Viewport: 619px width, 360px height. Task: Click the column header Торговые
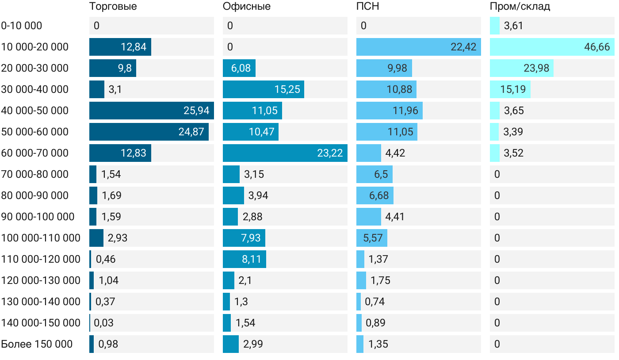(113, 7)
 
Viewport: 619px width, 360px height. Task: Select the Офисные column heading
(247, 7)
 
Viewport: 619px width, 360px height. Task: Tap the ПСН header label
(368, 7)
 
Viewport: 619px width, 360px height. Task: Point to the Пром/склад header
(520, 7)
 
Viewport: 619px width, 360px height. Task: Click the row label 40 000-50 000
(35, 111)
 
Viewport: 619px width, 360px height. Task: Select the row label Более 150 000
(37, 344)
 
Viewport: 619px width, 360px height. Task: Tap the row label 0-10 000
(22, 26)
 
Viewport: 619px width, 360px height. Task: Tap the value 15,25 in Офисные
(287, 89)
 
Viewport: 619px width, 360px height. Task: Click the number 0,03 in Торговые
(103, 323)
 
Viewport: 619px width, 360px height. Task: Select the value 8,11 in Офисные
(251, 259)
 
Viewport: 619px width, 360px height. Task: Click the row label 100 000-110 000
(41, 238)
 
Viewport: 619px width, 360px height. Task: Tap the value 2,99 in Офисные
(253, 344)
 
